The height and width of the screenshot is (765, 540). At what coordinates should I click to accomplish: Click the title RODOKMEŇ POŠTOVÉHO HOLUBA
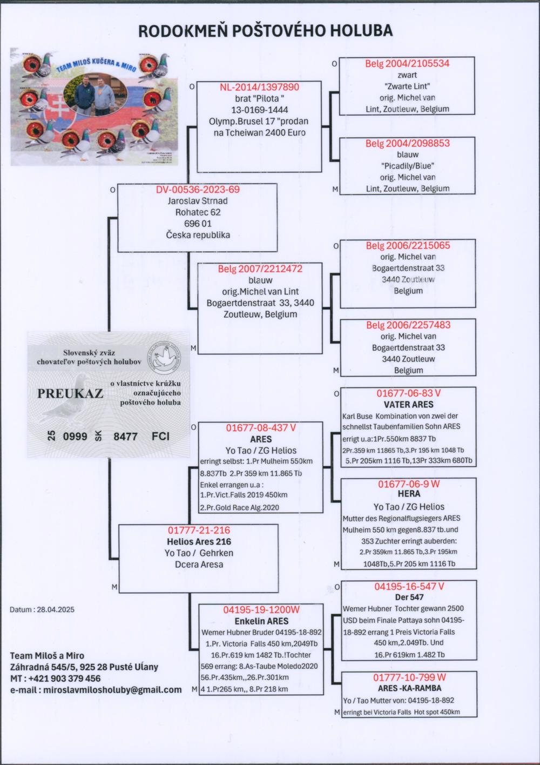coord(265,31)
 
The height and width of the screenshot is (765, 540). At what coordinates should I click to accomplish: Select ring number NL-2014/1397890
coord(259,87)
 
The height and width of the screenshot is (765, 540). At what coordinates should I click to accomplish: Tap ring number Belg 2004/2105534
coord(407,64)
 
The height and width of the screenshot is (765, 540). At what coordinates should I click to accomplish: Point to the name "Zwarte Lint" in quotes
coord(407,86)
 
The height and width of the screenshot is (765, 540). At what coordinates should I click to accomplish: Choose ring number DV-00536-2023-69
coord(198,190)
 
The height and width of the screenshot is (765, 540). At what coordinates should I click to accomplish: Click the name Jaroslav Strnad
coord(198,201)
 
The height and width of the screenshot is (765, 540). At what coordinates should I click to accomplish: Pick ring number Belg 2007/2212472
coord(260,269)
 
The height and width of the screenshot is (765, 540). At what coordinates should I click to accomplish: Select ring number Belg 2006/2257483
coord(408,325)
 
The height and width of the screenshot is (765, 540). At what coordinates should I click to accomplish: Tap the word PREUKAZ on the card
coord(70,393)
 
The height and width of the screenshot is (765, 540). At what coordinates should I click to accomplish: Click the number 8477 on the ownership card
coord(125,436)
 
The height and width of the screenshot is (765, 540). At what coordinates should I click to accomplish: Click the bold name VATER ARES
coord(408,404)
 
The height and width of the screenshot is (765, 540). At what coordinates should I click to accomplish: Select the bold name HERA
coord(408,494)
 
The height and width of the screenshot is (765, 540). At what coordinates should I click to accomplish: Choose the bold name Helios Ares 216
coord(198,541)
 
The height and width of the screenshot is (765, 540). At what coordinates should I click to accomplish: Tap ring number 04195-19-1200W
coord(261,610)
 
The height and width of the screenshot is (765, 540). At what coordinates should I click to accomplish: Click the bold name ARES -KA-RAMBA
coord(409,688)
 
